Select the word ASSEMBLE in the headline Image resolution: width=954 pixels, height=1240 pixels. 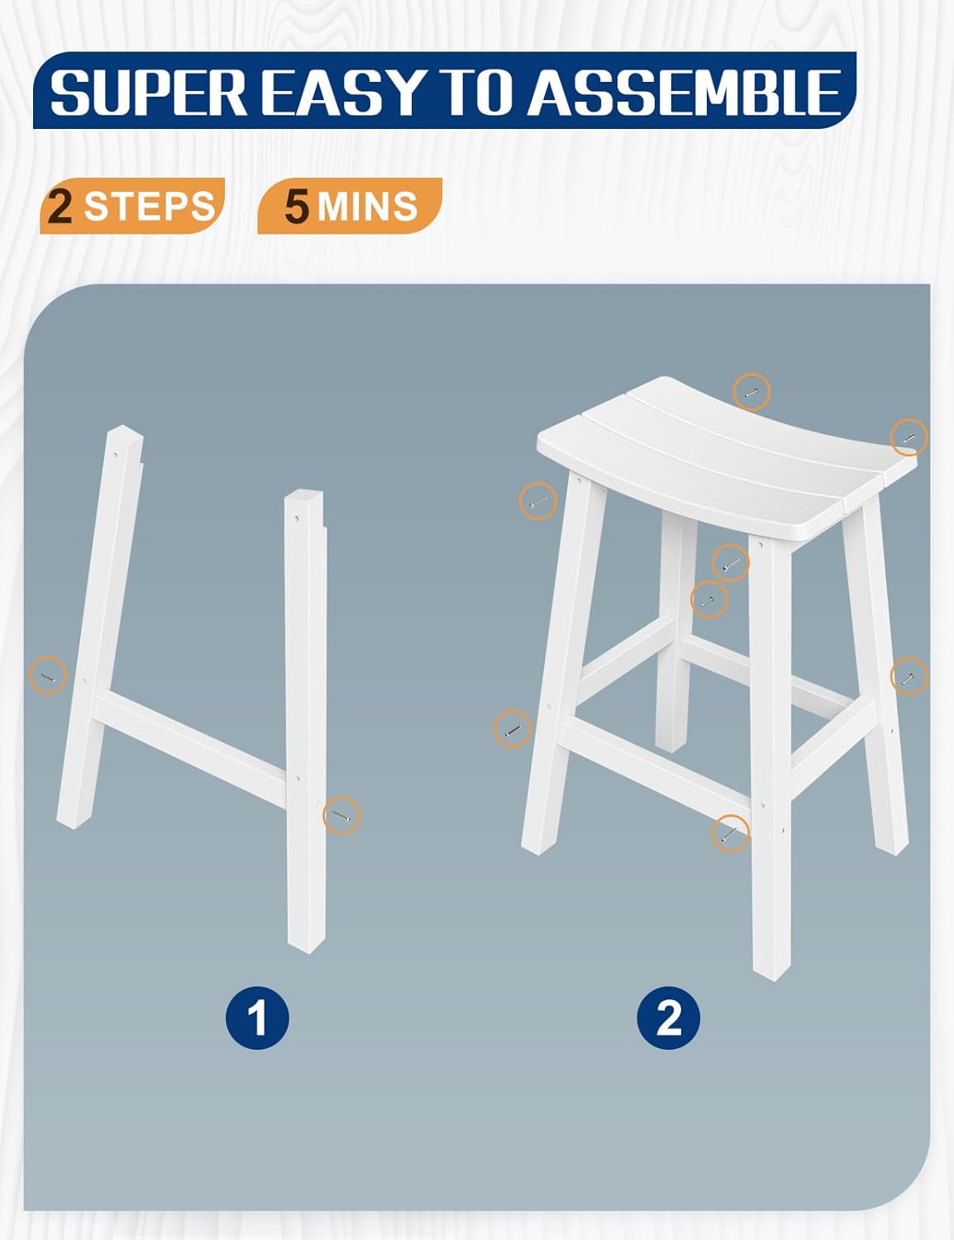(684, 92)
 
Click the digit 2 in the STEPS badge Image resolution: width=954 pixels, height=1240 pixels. (60, 206)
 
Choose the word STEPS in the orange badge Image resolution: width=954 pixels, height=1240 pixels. (149, 206)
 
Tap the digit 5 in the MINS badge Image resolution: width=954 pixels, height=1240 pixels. (297, 207)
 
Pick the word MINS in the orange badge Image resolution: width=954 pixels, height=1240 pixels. (367, 207)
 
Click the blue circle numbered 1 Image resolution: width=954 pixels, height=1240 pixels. (257, 1017)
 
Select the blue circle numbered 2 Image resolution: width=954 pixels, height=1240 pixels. (668, 1017)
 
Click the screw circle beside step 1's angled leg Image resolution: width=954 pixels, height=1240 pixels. (48, 675)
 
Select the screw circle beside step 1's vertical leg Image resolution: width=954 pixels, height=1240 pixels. (341, 815)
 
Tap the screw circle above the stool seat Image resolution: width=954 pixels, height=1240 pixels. (751, 392)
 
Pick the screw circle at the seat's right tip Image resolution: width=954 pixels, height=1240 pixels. (908, 437)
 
